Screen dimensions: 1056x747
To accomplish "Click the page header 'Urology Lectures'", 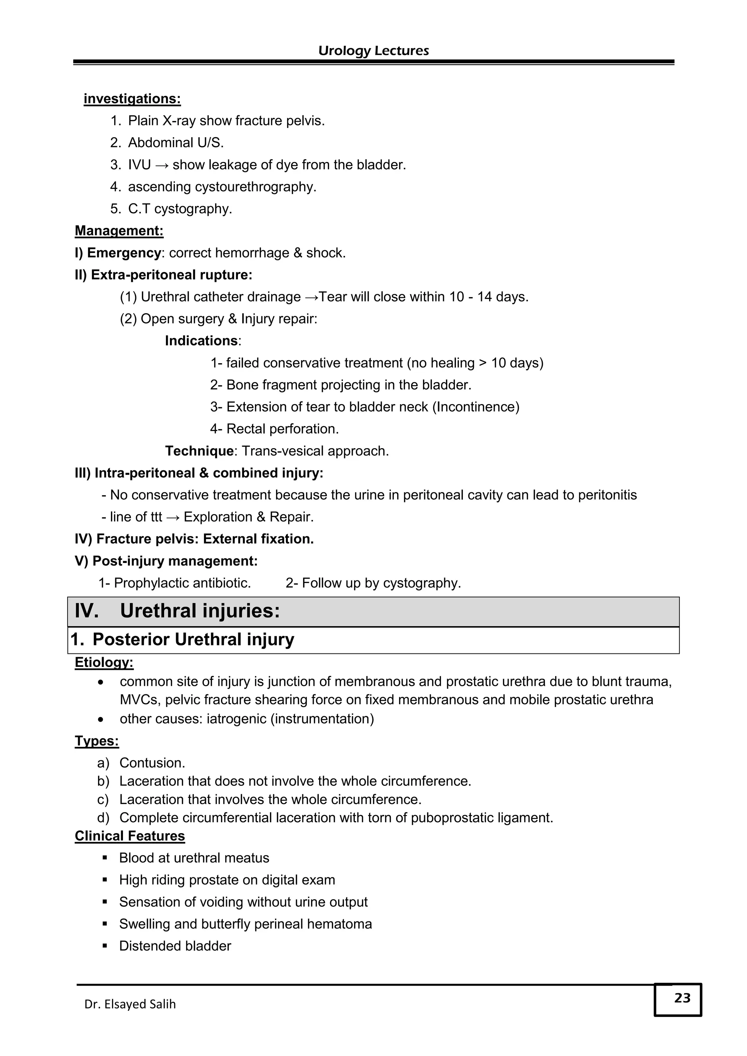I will pyautogui.click(x=373, y=51).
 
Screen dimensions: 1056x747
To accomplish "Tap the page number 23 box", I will pyautogui.click(x=678, y=999).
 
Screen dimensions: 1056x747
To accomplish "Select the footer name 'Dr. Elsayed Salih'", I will pyautogui.click(x=130, y=1003).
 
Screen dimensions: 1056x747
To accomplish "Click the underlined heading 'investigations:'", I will pyautogui.click(x=132, y=99).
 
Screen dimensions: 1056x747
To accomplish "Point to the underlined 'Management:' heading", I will pyautogui.click(x=119, y=231).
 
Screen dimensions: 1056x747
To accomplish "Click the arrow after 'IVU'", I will pyautogui.click(x=162, y=165).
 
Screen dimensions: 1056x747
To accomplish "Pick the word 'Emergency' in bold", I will pyautogui.click(x=124, y=253).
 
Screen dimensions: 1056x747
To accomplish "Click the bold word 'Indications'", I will pyautogui.click(x=201, y=341).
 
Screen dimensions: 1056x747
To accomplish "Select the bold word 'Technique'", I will pyautogui.click(x=199, y=451).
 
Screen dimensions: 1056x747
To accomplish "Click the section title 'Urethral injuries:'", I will pyautogui.click(x=200, y=611).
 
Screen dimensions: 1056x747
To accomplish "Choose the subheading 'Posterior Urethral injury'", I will pyautogui.click(x=193, y=639).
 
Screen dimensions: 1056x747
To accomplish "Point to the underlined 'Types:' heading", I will pyautogui.click(x=97, y=741).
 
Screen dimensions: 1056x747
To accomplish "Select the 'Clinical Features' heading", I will pyautogui.click(x=130, y=836).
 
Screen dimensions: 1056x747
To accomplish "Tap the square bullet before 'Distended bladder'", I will pyautogui.click(x=105, y=946).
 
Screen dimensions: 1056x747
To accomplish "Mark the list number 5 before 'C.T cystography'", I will pyautogui.click(x=115, y=209).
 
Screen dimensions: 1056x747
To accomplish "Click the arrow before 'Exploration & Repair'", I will pyautogui.click(x=173, y=517).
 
